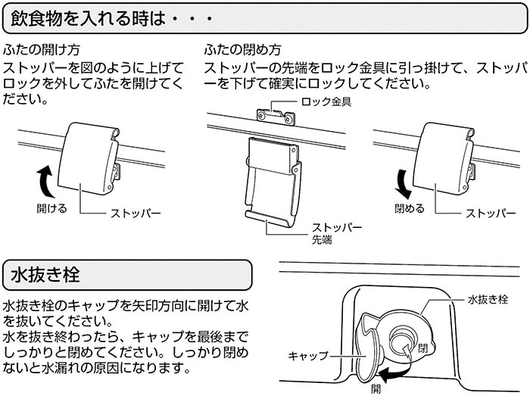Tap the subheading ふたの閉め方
point(242,51)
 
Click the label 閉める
point(410,207)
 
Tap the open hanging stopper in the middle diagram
point(272,179)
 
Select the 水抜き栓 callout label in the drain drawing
point(484,300)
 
